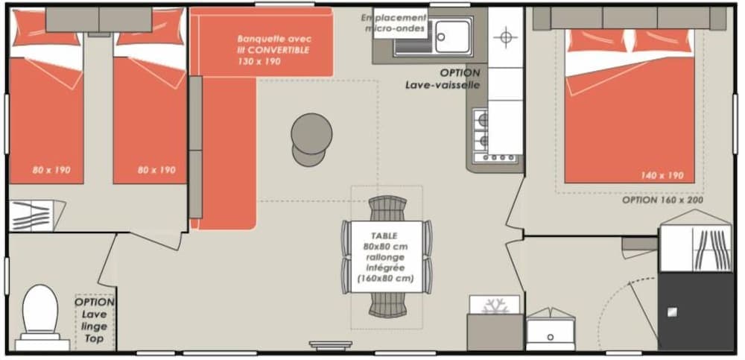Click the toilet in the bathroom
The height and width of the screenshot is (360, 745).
pyautogui.click(x=40, y=316)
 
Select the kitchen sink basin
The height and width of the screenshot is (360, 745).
pyautogui.click(x=454, y=36)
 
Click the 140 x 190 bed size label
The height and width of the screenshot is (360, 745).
pyautogui.click(x=662, y=176)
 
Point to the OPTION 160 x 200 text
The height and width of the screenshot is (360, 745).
pyautogui.click(x=663, y=200)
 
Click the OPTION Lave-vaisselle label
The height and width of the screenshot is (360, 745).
pyautogui.click(x=443, y=79)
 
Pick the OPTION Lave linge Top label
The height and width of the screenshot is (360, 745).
pyautogui.click(x=95, y=320)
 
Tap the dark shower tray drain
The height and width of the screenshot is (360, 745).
pyautogui.click(x=671, y=312)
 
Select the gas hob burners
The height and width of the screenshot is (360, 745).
pyautogui.click(x=481, y=130)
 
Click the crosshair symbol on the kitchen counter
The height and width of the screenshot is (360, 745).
pyautogui.click(x=506, y=37)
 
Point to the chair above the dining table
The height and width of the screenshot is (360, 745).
pyautogui.click(x=387, y=209)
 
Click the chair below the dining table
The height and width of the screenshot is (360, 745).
pyautogui.click(x=388, y=305)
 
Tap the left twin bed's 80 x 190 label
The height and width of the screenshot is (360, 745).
pyautogui.click(x=51, y=170)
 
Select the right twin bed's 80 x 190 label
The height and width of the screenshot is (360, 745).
pyautogui.click(x=156, y=170)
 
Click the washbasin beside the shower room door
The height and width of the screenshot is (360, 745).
pyautogui.click(x=551, y=329)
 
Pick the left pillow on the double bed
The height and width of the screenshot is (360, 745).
pyautogui.click(x=597, y=40)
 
